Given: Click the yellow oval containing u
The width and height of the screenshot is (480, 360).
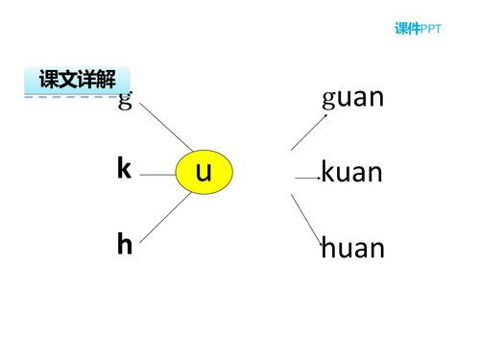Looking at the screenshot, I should point(204,173).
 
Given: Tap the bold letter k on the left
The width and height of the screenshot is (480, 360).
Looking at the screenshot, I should point(124,169).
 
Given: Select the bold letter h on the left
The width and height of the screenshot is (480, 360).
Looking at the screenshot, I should point(124,245).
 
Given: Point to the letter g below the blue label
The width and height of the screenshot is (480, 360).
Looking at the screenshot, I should point(124,102).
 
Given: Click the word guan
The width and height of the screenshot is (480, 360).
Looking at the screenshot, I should point(353,98).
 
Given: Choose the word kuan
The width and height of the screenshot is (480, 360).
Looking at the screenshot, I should point(351,174).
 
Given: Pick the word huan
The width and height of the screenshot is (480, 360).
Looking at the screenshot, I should point(352,249).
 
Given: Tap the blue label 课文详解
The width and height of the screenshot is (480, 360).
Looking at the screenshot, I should point(77,80).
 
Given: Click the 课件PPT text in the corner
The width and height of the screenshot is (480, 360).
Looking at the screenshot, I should point(419,29).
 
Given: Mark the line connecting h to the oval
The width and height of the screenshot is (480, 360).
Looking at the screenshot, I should point(163,218).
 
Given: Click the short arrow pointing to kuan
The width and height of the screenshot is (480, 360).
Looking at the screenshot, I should point(307,178).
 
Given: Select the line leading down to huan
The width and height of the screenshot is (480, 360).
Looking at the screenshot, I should point(307,220).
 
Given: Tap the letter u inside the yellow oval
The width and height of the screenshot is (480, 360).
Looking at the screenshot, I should point(204,173).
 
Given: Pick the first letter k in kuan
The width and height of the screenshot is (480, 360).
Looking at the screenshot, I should point(327,174).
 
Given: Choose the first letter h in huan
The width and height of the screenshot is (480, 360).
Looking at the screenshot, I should point(327,249).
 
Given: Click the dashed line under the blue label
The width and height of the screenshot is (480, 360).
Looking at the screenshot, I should point(72,96).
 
